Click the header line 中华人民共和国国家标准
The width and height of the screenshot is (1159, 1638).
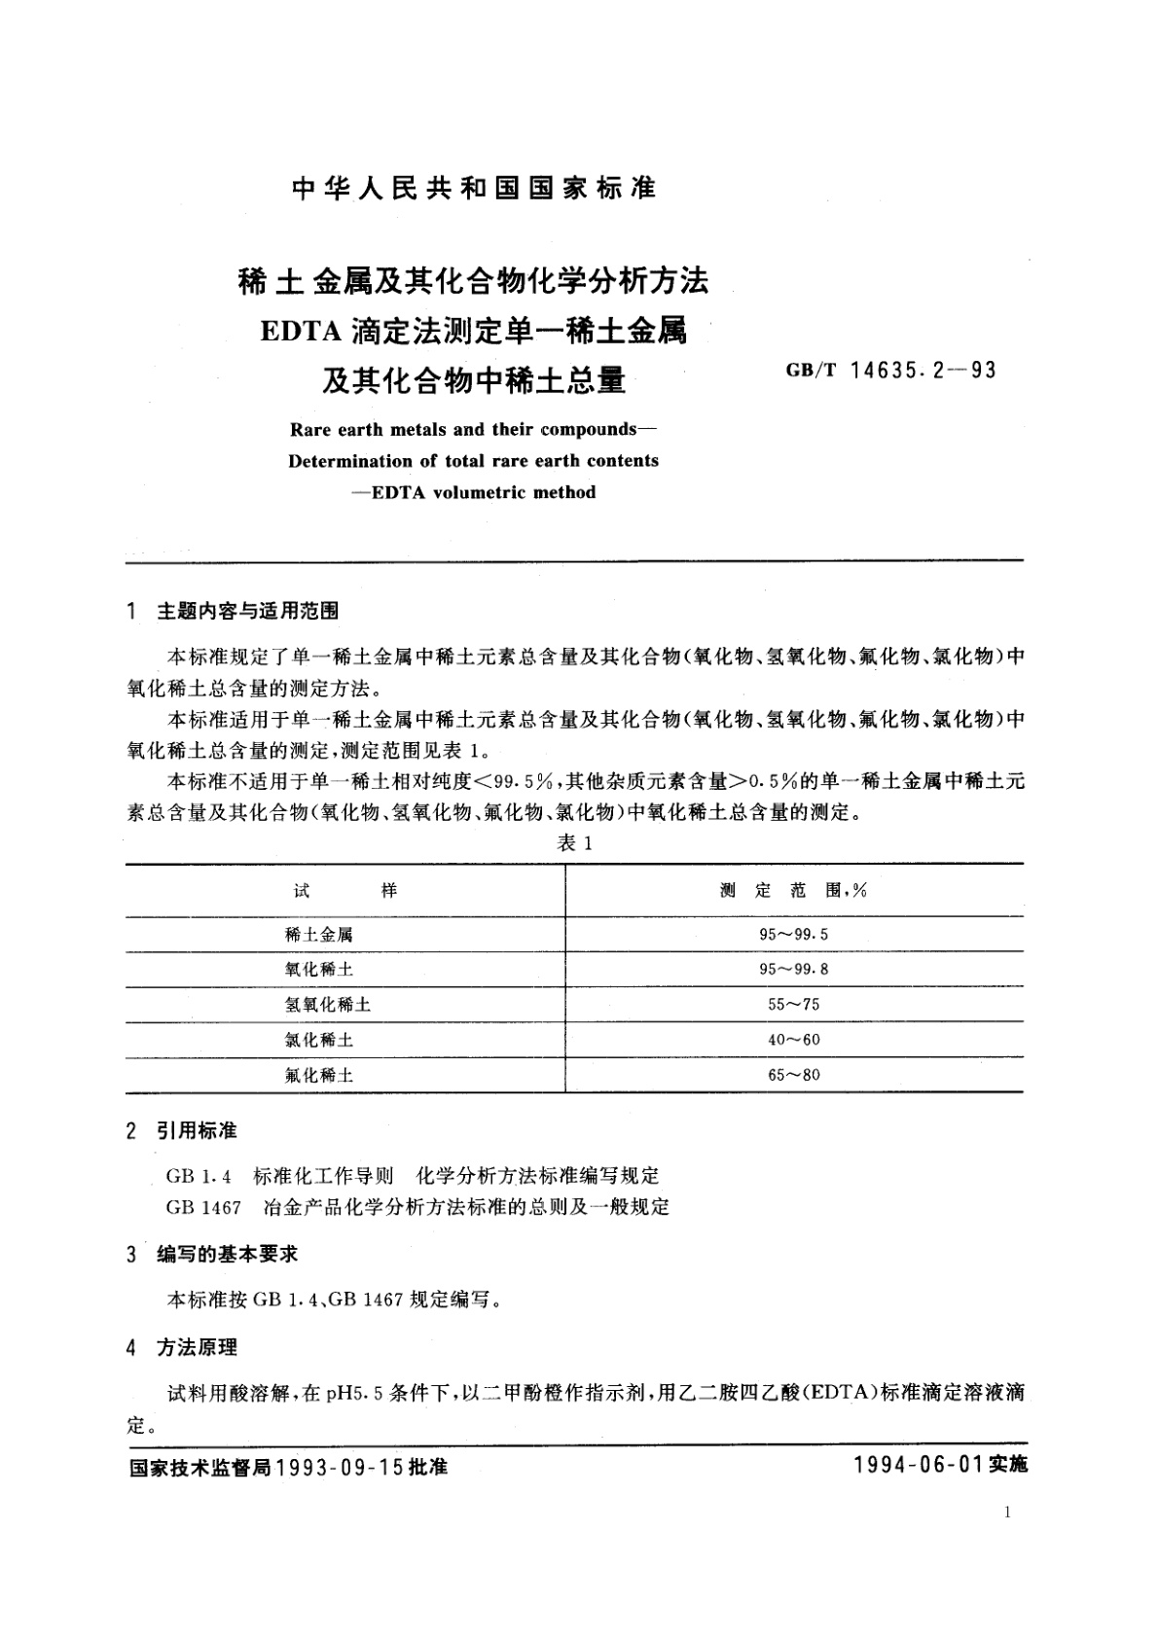point(474,188)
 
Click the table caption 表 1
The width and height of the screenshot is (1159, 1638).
point(574,843)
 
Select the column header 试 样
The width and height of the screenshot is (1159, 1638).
point(345,890)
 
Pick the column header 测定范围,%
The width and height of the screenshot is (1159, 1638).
point(793,890)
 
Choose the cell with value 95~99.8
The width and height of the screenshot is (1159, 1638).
point(794,970)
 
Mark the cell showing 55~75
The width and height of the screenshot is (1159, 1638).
point(794,1005)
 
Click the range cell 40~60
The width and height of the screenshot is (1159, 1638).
point(794,1040)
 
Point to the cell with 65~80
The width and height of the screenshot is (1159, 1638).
point(794,1075)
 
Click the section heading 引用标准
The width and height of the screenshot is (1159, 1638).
point(197,1131)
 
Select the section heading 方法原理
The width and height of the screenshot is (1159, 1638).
point(197,1347)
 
